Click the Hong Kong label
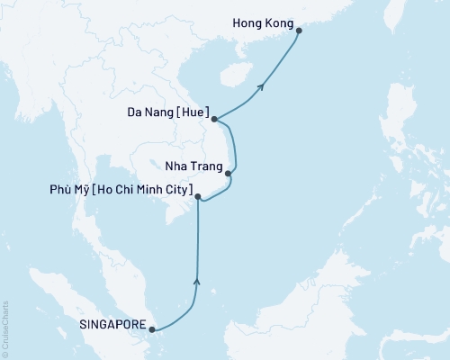[263, 17]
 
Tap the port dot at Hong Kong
[300, 31]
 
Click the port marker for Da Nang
[213, 118]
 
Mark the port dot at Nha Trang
[229, 174]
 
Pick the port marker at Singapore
[152, 328]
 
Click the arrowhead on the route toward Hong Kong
[261, 86]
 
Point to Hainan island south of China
[236, 71]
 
